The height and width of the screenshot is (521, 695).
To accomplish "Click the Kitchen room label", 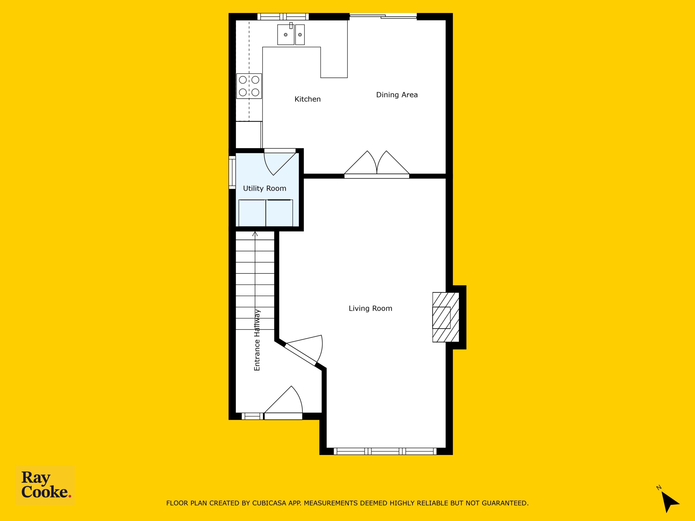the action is (x=308, y=99).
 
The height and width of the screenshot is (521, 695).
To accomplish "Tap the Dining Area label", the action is (x=397, y=95).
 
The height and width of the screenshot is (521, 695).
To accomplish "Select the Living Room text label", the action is (x=370, y=308).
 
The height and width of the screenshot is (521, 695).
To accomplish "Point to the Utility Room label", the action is (x=264, y=188).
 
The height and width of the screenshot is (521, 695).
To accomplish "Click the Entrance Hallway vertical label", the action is (x=257, y=340).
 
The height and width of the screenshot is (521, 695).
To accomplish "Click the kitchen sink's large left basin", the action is (x=286, y=34).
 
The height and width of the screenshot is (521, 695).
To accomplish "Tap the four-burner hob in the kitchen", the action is (x=249, y=86).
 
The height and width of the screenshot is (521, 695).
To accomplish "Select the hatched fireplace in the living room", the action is (x=446, y=317).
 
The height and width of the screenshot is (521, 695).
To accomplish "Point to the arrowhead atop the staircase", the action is (x=255, y=234).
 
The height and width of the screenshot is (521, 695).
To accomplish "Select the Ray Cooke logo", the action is (x=45, y=485).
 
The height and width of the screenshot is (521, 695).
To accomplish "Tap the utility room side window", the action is (x=232, y=172).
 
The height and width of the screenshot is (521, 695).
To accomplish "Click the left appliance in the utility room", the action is (x=252, y=213).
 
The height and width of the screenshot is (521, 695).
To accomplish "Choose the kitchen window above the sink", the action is (x=283, y=17).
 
